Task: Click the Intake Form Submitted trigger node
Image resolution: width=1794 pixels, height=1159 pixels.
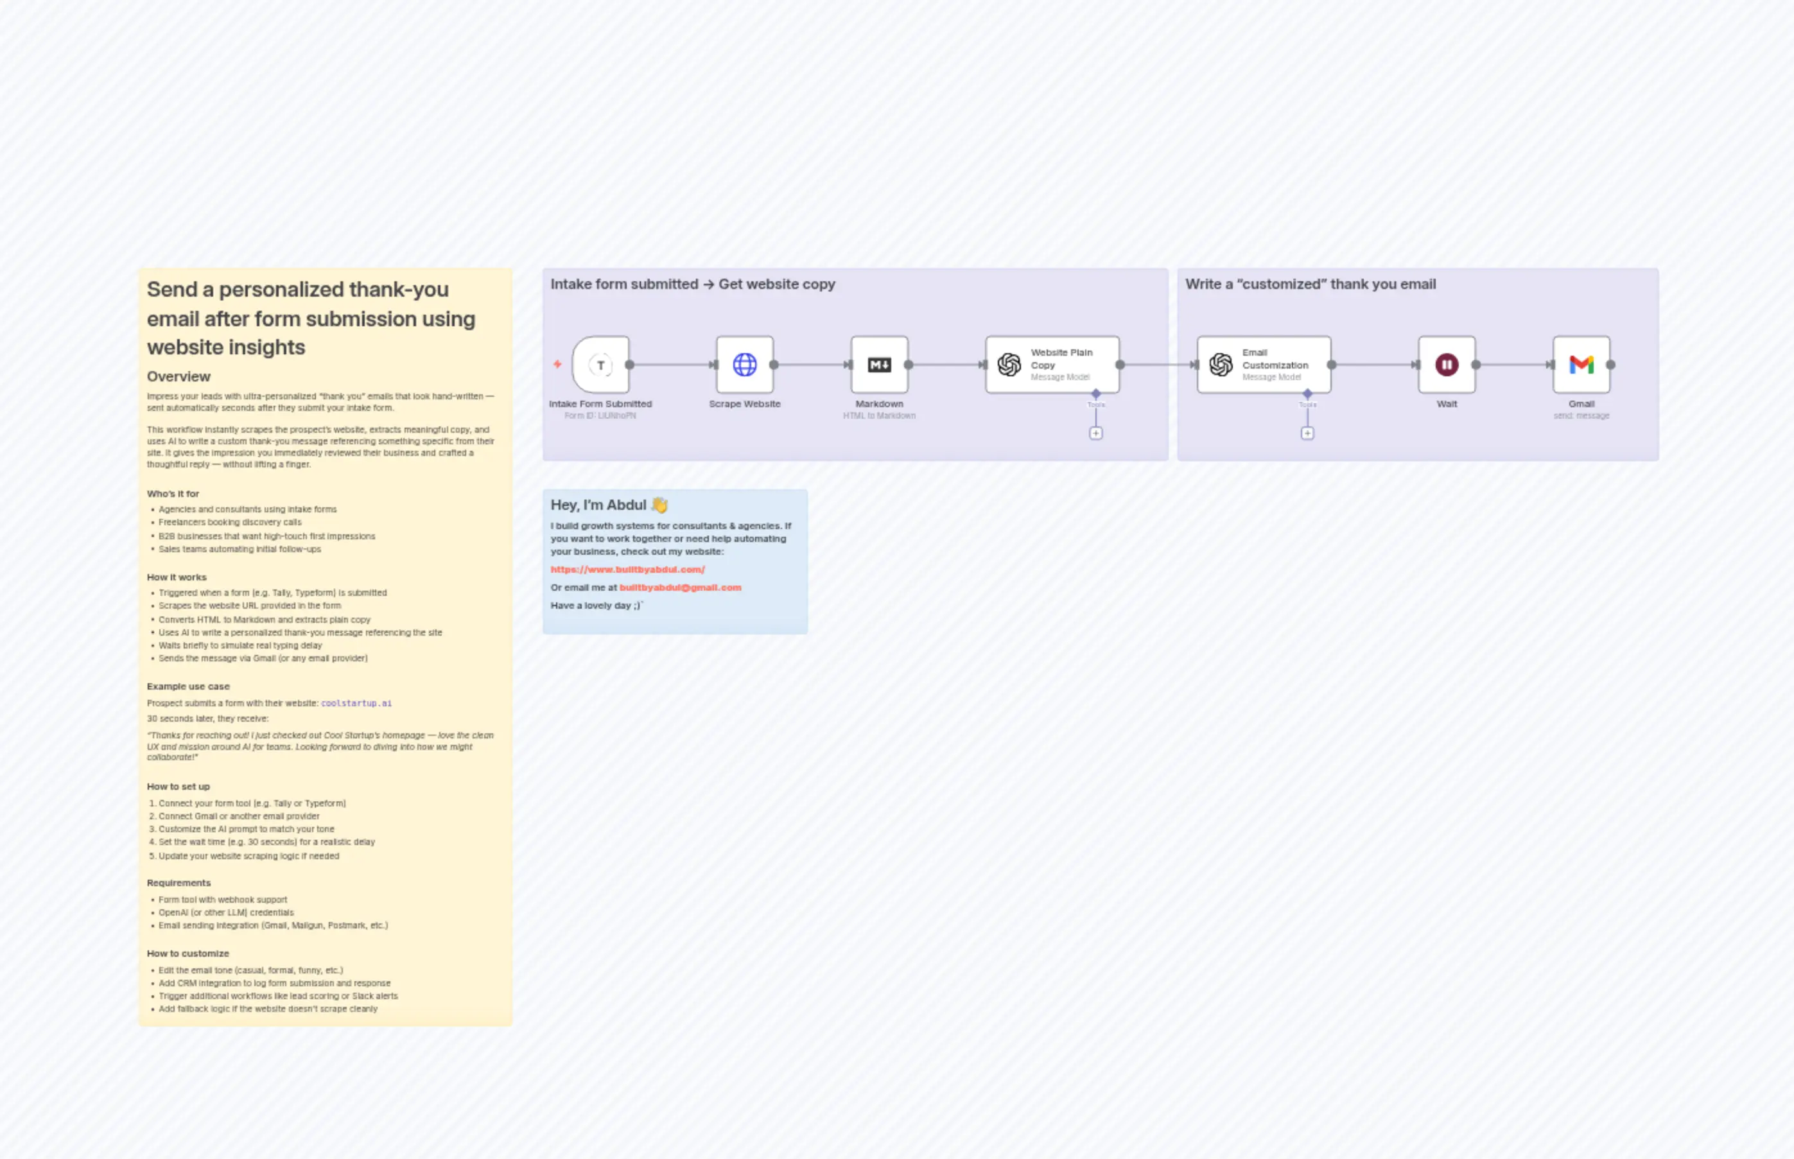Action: click(x=600, y=365)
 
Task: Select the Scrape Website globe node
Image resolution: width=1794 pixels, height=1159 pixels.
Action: click(x=744, y=365)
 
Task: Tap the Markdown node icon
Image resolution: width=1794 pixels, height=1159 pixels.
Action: click(x=879, y=365)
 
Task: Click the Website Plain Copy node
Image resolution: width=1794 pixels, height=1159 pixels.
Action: click(x=1052, y=365)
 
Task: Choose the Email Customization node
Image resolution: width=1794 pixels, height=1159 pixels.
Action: click(x=1264, y=365)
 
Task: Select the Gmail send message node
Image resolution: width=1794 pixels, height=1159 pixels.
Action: click(x=1581, y=365)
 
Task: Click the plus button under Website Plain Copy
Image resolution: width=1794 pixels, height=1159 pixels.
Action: click(x=1095, y=433)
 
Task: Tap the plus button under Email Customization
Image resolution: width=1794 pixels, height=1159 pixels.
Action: click(x=1307, y=433)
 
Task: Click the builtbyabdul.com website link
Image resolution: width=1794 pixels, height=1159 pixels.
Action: click(x=627, y=570)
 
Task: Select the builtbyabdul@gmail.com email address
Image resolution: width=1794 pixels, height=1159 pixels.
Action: click(x=680, y=588)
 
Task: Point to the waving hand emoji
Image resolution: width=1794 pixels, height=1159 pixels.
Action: click(x=660, y=505)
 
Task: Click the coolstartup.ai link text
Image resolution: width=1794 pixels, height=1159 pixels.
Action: click(x=356, y=704)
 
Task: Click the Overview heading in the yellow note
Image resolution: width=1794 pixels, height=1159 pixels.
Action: click(x=179, y=377)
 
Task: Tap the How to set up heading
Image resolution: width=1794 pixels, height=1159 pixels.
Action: click(x=179, y=787)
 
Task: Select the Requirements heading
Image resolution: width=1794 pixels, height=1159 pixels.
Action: click(x=179, y=884)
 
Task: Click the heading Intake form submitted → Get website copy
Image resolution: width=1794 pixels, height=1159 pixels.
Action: click(x=692, y=284)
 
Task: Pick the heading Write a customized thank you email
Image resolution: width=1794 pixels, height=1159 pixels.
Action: click(x=1310, y=284)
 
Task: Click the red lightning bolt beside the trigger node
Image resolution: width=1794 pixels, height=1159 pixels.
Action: click(x=557, y=364)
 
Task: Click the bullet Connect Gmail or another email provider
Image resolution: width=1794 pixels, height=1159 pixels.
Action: click(x=239, y=817)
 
